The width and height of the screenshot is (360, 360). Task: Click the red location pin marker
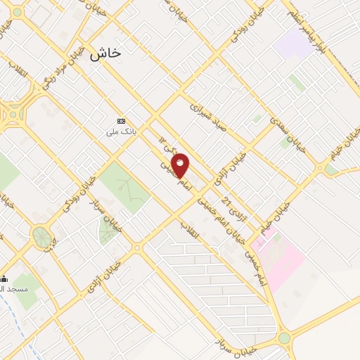pyautogui.click(x=181, y=166)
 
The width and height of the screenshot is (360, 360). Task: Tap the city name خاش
pyautogui.click(x=105, y=53)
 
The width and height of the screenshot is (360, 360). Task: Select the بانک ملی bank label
pyautogui.click(x=121, y=131)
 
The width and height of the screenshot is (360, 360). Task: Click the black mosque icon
pyautogui.click(x=4, y=279)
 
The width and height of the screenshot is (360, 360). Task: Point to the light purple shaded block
pyautogui.click(x=293, y=44)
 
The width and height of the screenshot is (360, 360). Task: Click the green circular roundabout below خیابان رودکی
pyautogui.click(x=41, y=236)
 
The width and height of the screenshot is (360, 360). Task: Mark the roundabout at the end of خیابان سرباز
pyautogui.click(x=284, y=338)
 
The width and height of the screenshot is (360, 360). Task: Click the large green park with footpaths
pyautogui.click(x=123, y=186)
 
